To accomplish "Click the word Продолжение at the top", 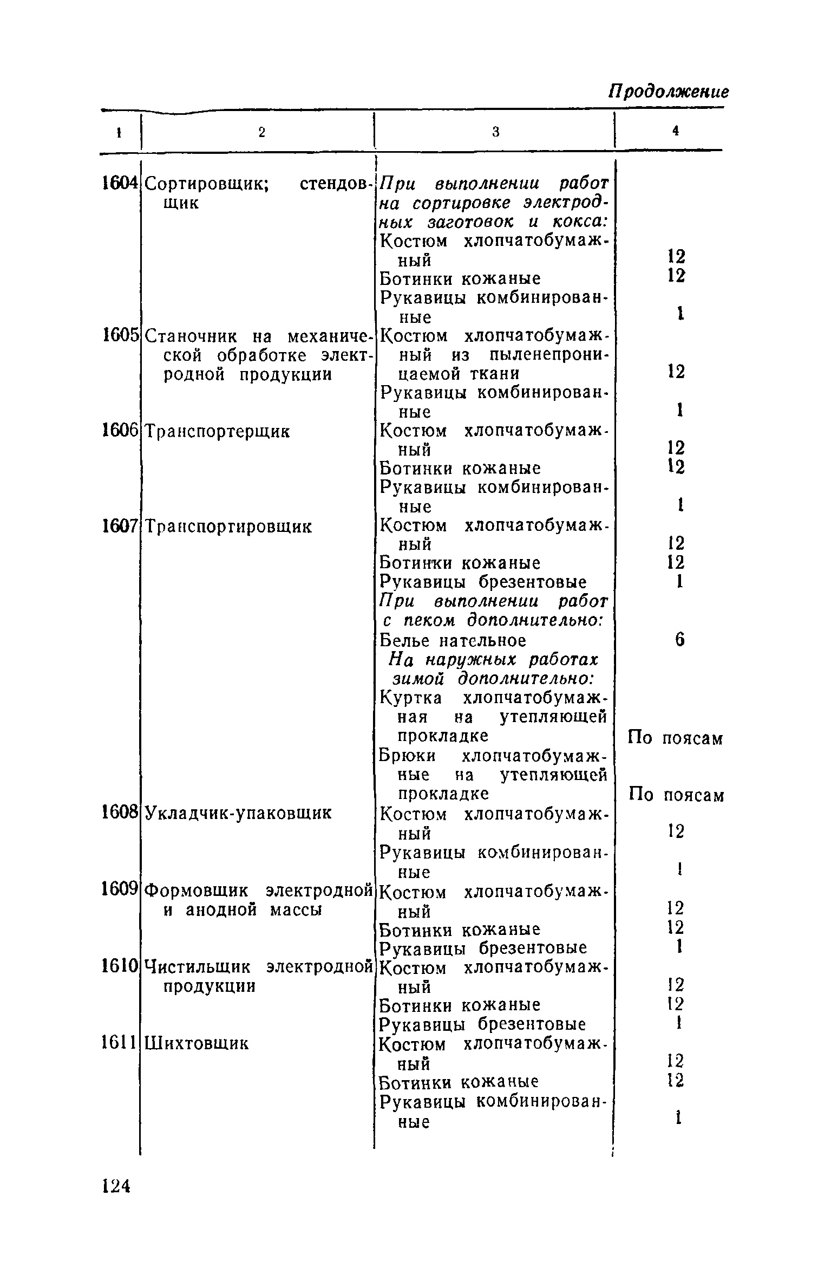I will pyautogui.click(x=669, y=91).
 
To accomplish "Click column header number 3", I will pyautogui.click(x=495, y=132).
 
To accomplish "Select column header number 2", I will pyautogui.click(x=261, y=132).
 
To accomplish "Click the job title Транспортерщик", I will pyautogui.click(x=218, y=432).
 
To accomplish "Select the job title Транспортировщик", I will pyautogui.click(x=228, y=527).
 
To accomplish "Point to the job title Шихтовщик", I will pyautogui.click(x=197, y=1043).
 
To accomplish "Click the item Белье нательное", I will pyautogui.click(x=453, y=641).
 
